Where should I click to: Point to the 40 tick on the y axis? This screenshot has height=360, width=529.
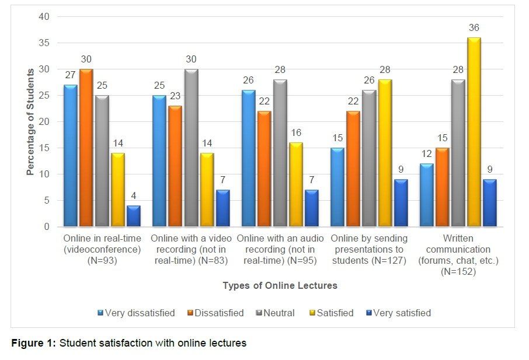[44, 18]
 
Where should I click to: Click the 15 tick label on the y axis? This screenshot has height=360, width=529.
[44, 148]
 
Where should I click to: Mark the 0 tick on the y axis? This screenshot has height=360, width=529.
[46, 227]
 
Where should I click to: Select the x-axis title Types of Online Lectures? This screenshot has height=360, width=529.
[280, 286]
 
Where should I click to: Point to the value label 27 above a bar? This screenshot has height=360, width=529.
[70, 75]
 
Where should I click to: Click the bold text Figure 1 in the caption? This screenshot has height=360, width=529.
[33, 343]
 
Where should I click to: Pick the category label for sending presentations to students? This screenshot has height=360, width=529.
[369, 250]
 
